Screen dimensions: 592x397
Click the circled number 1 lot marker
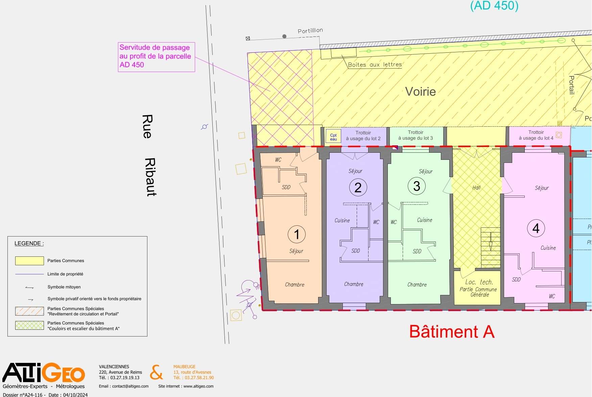tap(297, 234)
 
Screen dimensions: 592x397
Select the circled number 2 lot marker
tap(358, 188)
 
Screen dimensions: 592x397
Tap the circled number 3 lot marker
tap(417, 186)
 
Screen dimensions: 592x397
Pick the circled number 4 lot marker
tap(536, 228)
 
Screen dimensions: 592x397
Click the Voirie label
tap(420, 92)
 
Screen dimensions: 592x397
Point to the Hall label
tap(476, 188)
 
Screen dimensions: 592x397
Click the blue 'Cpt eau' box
tap(333, 137)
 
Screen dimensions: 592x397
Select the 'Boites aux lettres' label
tap(375, 65)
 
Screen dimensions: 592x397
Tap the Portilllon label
tap(310, 31)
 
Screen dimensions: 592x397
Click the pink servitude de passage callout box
tap(157, 57)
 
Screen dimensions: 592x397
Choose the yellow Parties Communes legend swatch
tap(29, 261)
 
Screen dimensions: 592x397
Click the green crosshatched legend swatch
tap(29, 325)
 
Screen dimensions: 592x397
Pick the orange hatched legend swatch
tap(29, 311)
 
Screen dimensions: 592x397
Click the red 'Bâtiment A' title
tap(452, 331)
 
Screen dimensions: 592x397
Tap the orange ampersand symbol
tap(156, 372)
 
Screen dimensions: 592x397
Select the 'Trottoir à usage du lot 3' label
tap(416, 135)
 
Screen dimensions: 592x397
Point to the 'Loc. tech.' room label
tap(479, 282)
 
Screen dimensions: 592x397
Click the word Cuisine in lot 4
tap(548, 248)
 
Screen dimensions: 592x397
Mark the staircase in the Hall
tap(491, 248)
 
